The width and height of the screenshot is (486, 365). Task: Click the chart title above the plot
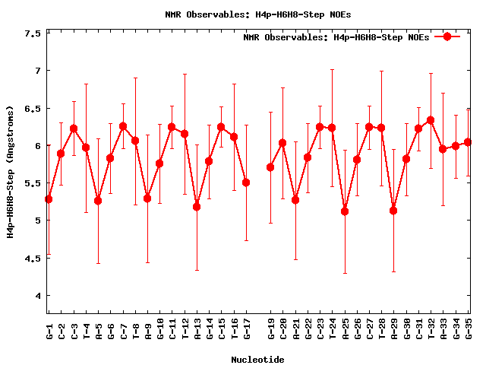(x=258, y=14)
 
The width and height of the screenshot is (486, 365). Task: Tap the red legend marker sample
(x=447, y=36)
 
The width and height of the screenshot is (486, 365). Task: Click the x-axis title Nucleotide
(x=258, y=360)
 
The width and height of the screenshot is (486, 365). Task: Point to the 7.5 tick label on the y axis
(x=33, y=33)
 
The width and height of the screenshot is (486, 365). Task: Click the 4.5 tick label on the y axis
(x=33, y=258)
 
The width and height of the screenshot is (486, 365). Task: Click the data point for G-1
(x=49, y=199)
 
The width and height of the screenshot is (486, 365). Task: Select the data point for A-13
(x=197, y=207)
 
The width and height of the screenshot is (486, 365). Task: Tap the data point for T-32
(x=431, y=120)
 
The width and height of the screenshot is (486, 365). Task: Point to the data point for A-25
(x=345, y=211)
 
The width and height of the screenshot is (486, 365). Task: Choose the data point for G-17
(x=246, y=182)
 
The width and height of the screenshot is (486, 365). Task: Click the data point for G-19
(x=270, y=167)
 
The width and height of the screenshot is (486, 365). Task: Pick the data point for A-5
(x=98, y=201)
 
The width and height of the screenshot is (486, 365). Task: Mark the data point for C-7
(x=123, y=126)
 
